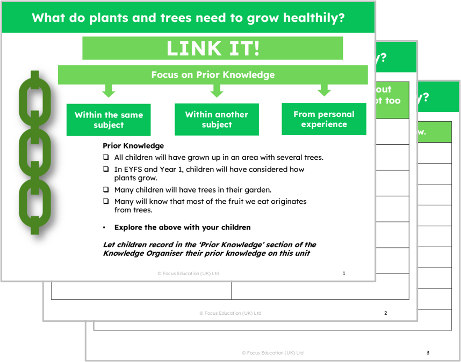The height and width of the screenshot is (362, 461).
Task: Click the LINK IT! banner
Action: pos(212,48)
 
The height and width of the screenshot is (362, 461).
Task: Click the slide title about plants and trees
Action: pos(188,18)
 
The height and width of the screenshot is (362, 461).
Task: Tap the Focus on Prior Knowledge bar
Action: pos(213,75)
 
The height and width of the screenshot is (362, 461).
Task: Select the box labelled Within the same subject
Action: pos(109,120)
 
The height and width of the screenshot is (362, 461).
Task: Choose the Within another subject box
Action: pos(217,119)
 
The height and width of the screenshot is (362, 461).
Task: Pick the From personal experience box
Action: pos(324,119)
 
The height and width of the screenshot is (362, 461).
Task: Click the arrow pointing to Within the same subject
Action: pos(109,91)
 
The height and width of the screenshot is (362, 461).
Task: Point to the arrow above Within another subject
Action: pos(217,91)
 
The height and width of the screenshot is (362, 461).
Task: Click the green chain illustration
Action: pos(35,152)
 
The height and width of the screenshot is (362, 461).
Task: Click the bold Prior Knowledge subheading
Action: pos(133,146)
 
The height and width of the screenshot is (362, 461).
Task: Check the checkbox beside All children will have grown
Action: pos(106,158)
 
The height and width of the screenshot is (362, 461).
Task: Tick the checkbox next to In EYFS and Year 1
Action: pos(106,169)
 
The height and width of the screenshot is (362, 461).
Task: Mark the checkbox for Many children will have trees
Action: pos(106,190)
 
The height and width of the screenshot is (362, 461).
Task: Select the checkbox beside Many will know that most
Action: pos(106,202)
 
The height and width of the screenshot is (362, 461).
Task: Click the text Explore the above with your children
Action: pos(182,227)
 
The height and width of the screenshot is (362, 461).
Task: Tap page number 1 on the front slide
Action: pos(344,274)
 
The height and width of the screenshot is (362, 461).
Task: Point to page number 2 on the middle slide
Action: pos(385,313)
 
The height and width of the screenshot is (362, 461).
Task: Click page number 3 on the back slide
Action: pos(428,353)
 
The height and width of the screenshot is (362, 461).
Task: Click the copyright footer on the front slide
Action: pos(188,274)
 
